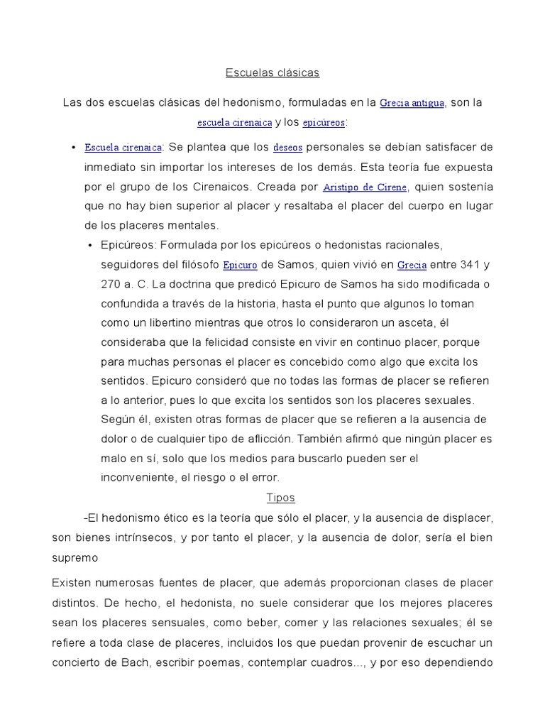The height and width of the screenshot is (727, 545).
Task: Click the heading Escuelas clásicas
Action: click(x=272, y=72)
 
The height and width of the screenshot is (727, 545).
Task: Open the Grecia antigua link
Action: click(x=412, y=103)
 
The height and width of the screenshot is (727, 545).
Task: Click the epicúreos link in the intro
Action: click(x=324, y=123)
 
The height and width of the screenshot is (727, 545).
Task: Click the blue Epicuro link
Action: click(x=240, y=266)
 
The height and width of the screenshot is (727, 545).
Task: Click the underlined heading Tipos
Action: click(x=280, y=498)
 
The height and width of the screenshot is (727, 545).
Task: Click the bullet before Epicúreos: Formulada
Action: click(x=91, y=246)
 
